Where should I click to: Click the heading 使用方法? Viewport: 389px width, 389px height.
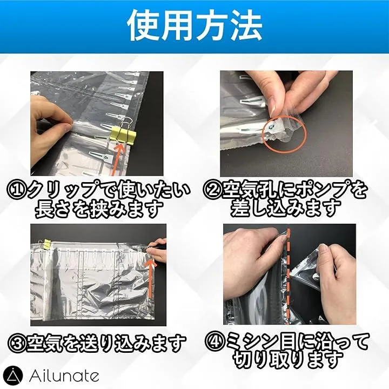click(194, 26)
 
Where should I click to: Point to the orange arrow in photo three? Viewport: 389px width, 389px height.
click(151, 278)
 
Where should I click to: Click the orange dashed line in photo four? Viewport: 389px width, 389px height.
click(288, 276)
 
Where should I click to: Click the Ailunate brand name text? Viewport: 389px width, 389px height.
click(64, 376)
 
